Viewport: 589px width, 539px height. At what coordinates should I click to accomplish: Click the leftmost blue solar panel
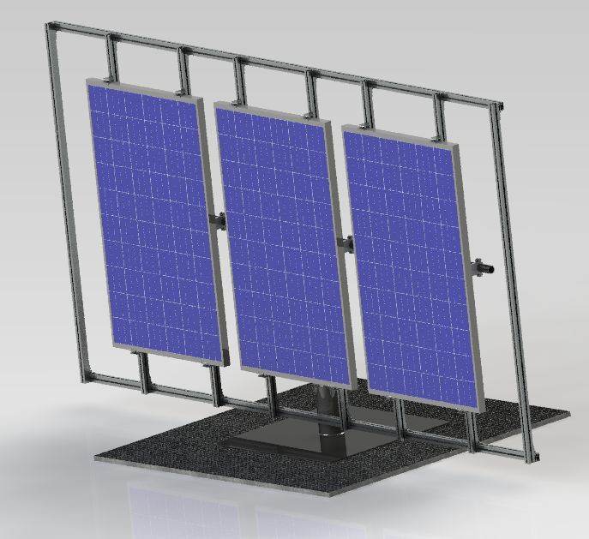[154, 219]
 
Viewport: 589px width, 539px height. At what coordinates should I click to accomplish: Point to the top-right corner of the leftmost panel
[202, 99]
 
